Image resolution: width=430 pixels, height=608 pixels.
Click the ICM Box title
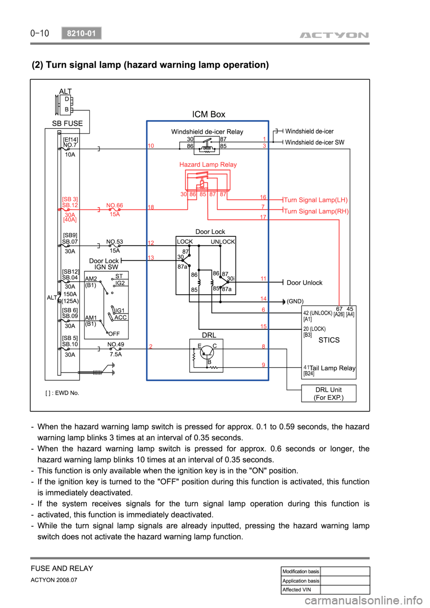click(209, 114)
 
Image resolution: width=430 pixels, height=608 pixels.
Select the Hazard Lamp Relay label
click(208, 164)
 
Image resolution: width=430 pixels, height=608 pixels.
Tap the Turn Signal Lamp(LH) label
click(316, 200)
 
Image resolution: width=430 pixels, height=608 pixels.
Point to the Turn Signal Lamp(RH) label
click(316, 211)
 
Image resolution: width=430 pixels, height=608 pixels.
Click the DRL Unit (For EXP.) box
click(329, 394)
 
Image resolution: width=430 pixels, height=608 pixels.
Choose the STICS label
click(329, 340)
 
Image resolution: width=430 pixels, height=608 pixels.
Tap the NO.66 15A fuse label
click(115, 210)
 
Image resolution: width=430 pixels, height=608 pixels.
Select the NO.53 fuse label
click(115, 241)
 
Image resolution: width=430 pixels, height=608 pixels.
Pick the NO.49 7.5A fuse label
click(116, 349)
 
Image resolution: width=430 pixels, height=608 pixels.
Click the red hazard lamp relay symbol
click(207, 181)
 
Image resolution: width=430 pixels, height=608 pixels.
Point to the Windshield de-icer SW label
click(315, 142)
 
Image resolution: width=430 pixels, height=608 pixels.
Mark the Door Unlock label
click(305, 283)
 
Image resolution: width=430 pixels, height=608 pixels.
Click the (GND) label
click(295, 301)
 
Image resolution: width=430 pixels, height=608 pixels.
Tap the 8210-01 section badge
click(82, 33)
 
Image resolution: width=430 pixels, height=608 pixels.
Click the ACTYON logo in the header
click(334, 35)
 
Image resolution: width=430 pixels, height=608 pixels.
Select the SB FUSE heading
click(67, 123)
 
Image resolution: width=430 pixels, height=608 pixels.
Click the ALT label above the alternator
click(65, 91)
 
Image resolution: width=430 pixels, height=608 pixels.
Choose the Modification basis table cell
click(301, 571)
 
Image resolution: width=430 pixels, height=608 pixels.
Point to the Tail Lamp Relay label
click(332, 368)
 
